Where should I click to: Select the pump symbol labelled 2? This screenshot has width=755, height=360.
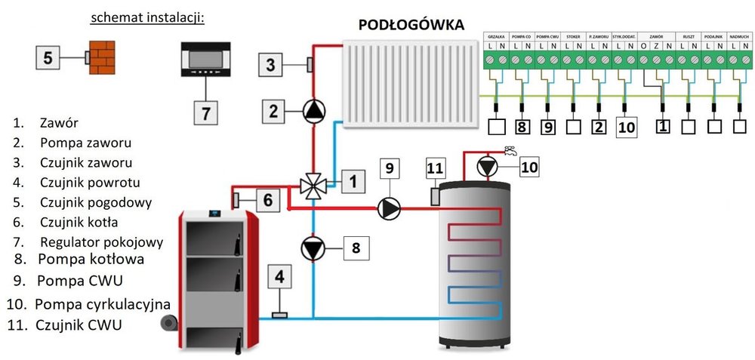coord(313,112)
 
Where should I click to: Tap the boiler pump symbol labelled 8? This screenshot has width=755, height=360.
coord(313,248)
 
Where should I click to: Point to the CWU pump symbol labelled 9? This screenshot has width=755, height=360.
coord(389,208)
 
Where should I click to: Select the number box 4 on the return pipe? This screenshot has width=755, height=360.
coord(279,278)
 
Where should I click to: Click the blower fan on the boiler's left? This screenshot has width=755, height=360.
coord(168,323)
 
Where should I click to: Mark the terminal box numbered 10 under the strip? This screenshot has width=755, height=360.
coord(626,127)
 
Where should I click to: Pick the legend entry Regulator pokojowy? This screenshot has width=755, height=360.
coord(102,242)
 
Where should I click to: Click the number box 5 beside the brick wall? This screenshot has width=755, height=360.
coord(48,57)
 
